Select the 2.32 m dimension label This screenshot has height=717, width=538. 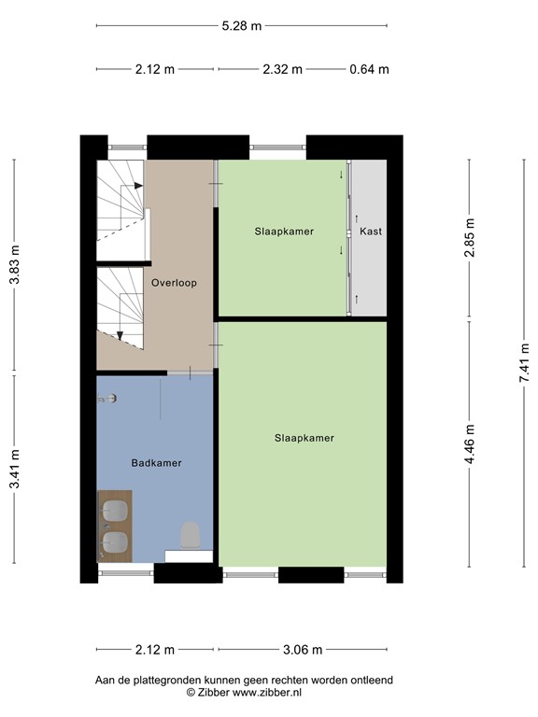click(x=282, y=69)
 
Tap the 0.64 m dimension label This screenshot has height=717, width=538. click(x=369, y=69)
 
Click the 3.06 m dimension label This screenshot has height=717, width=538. click(x=303, y=650)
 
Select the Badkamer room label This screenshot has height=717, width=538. click(x=156, y=462)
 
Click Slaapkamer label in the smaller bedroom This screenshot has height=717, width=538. click(x=284, y=231)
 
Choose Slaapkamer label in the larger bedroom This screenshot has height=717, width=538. click(x=304, y=437)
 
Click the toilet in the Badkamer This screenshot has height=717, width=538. click(x=191, y=535)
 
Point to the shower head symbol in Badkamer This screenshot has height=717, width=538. click(x=110, y=399)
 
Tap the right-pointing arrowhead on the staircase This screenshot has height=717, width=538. click(x=138, y=186)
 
